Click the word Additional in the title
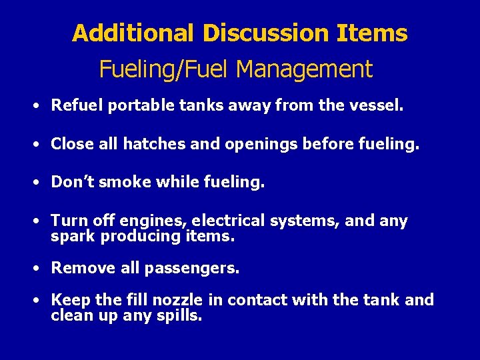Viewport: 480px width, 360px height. click(133, 33)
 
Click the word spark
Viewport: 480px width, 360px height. click(73, 237)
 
